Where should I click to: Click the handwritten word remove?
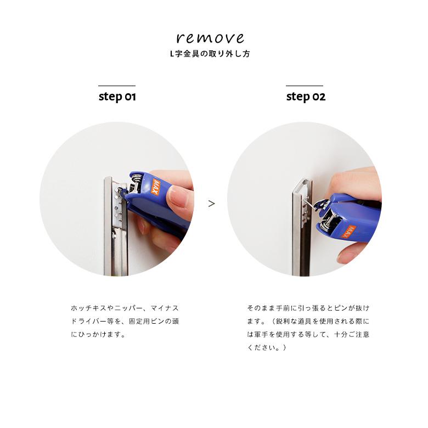210,38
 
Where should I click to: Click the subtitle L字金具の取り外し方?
210,54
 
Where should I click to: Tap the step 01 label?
117,97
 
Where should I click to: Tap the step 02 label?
306,97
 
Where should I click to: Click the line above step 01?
117,86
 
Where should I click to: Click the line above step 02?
305,86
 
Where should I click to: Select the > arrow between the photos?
211,204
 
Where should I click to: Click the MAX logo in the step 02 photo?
348,231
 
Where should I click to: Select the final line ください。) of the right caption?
267,347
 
